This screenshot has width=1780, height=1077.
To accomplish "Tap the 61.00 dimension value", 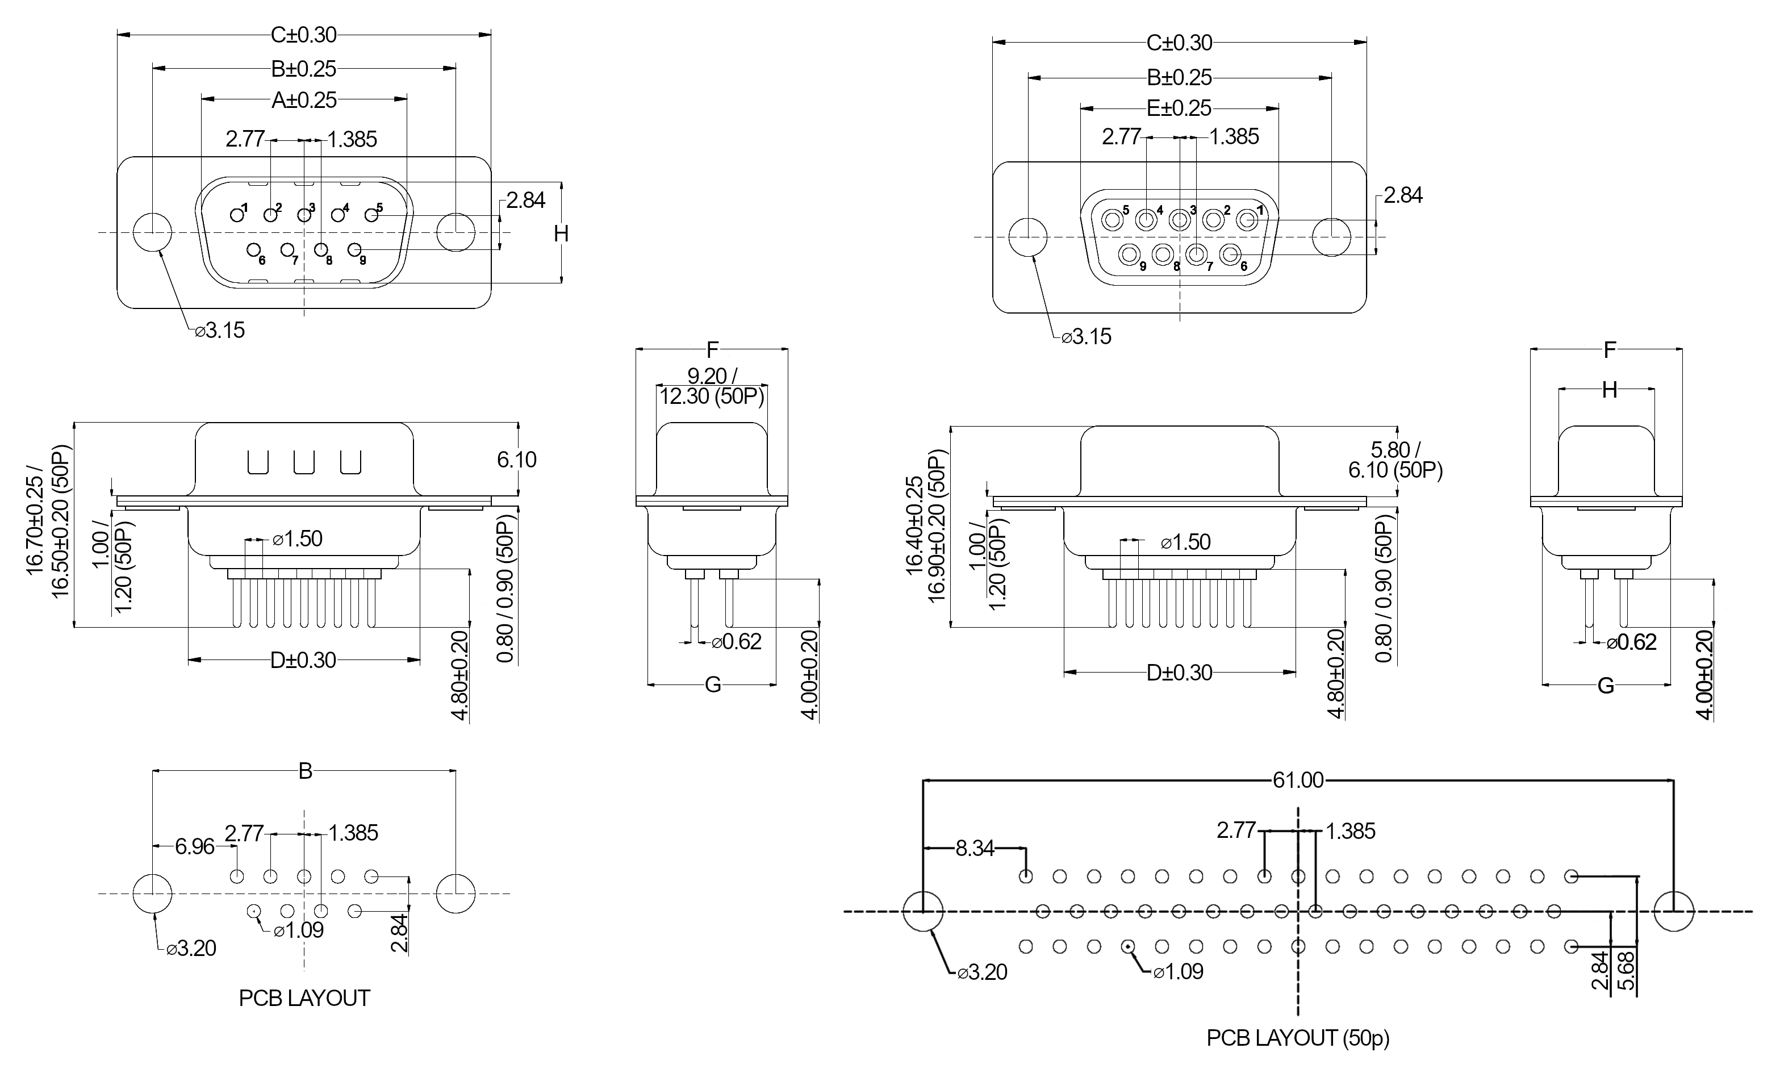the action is click(1298, 780).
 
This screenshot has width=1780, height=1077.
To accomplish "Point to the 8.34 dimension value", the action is click(975, 848).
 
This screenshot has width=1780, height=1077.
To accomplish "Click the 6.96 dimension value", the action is click(195, 846).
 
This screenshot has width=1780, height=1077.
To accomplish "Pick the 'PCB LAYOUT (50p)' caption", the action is click(1298, 1038).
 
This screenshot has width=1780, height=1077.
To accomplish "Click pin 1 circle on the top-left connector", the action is click(236, 215).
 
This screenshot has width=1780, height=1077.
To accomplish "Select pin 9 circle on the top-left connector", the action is click(354, 250).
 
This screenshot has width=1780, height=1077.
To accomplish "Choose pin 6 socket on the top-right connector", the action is click(1230, 255).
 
